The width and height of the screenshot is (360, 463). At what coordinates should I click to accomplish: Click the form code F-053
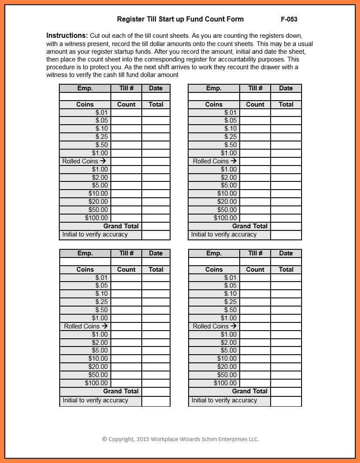click(x=289, y=19)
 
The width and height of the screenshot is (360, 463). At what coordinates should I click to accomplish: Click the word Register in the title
click(x=131, y=19)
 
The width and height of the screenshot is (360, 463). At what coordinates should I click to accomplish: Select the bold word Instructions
click(x=67, y=36)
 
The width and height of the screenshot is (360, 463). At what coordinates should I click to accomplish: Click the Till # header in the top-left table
click(x=126, y=88)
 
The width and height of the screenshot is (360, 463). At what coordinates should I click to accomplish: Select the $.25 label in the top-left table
click(x=102, y=137)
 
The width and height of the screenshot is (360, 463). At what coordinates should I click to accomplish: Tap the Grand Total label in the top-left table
click(x=121, y=226)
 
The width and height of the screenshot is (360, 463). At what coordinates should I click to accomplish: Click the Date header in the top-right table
click(x=286, y=88)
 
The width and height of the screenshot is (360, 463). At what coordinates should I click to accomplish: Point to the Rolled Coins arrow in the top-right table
click(x=233, y=161)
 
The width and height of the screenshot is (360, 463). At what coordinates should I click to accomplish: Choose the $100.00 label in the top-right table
click(x=225, y=218)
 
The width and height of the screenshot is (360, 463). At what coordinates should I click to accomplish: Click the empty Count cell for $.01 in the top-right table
click(x=255, y=113)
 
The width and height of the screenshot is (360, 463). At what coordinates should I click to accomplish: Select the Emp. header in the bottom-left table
click(x=85, y=253)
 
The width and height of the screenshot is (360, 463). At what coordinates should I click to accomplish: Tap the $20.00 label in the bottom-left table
click(x=98, y=367)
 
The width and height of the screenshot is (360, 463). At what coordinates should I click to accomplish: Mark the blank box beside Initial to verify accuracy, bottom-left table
click(x=156, y=401)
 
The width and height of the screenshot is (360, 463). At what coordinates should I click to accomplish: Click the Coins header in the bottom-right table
click(x=214, y=270)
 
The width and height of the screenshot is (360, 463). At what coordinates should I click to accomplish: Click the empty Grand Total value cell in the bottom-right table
click(x=286, y=392)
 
